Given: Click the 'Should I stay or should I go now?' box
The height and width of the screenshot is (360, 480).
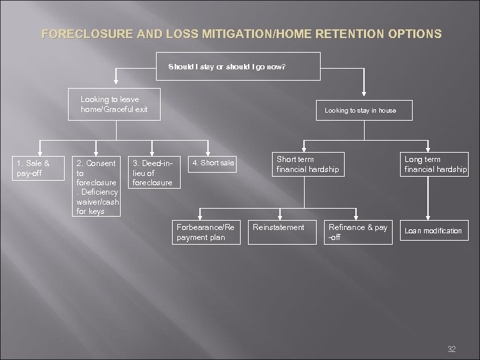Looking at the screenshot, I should [227, 67].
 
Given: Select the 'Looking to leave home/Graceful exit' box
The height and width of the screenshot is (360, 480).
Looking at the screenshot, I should [114, 104].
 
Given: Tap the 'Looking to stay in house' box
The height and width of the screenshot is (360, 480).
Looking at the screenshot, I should [360, 110].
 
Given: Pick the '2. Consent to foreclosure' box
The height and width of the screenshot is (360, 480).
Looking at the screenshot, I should [97, 187].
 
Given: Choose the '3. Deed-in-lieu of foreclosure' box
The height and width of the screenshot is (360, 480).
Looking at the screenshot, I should [153, 172].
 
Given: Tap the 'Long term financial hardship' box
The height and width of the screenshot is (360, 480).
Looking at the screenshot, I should [435, 165].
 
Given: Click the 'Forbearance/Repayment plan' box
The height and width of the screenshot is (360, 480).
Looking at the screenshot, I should [205, 232].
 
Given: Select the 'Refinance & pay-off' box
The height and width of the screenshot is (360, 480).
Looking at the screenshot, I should [358, 232].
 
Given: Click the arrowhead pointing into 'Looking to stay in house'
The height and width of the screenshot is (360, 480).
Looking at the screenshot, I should [363, 97].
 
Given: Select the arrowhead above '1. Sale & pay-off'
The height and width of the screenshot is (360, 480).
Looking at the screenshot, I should [40, 151].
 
